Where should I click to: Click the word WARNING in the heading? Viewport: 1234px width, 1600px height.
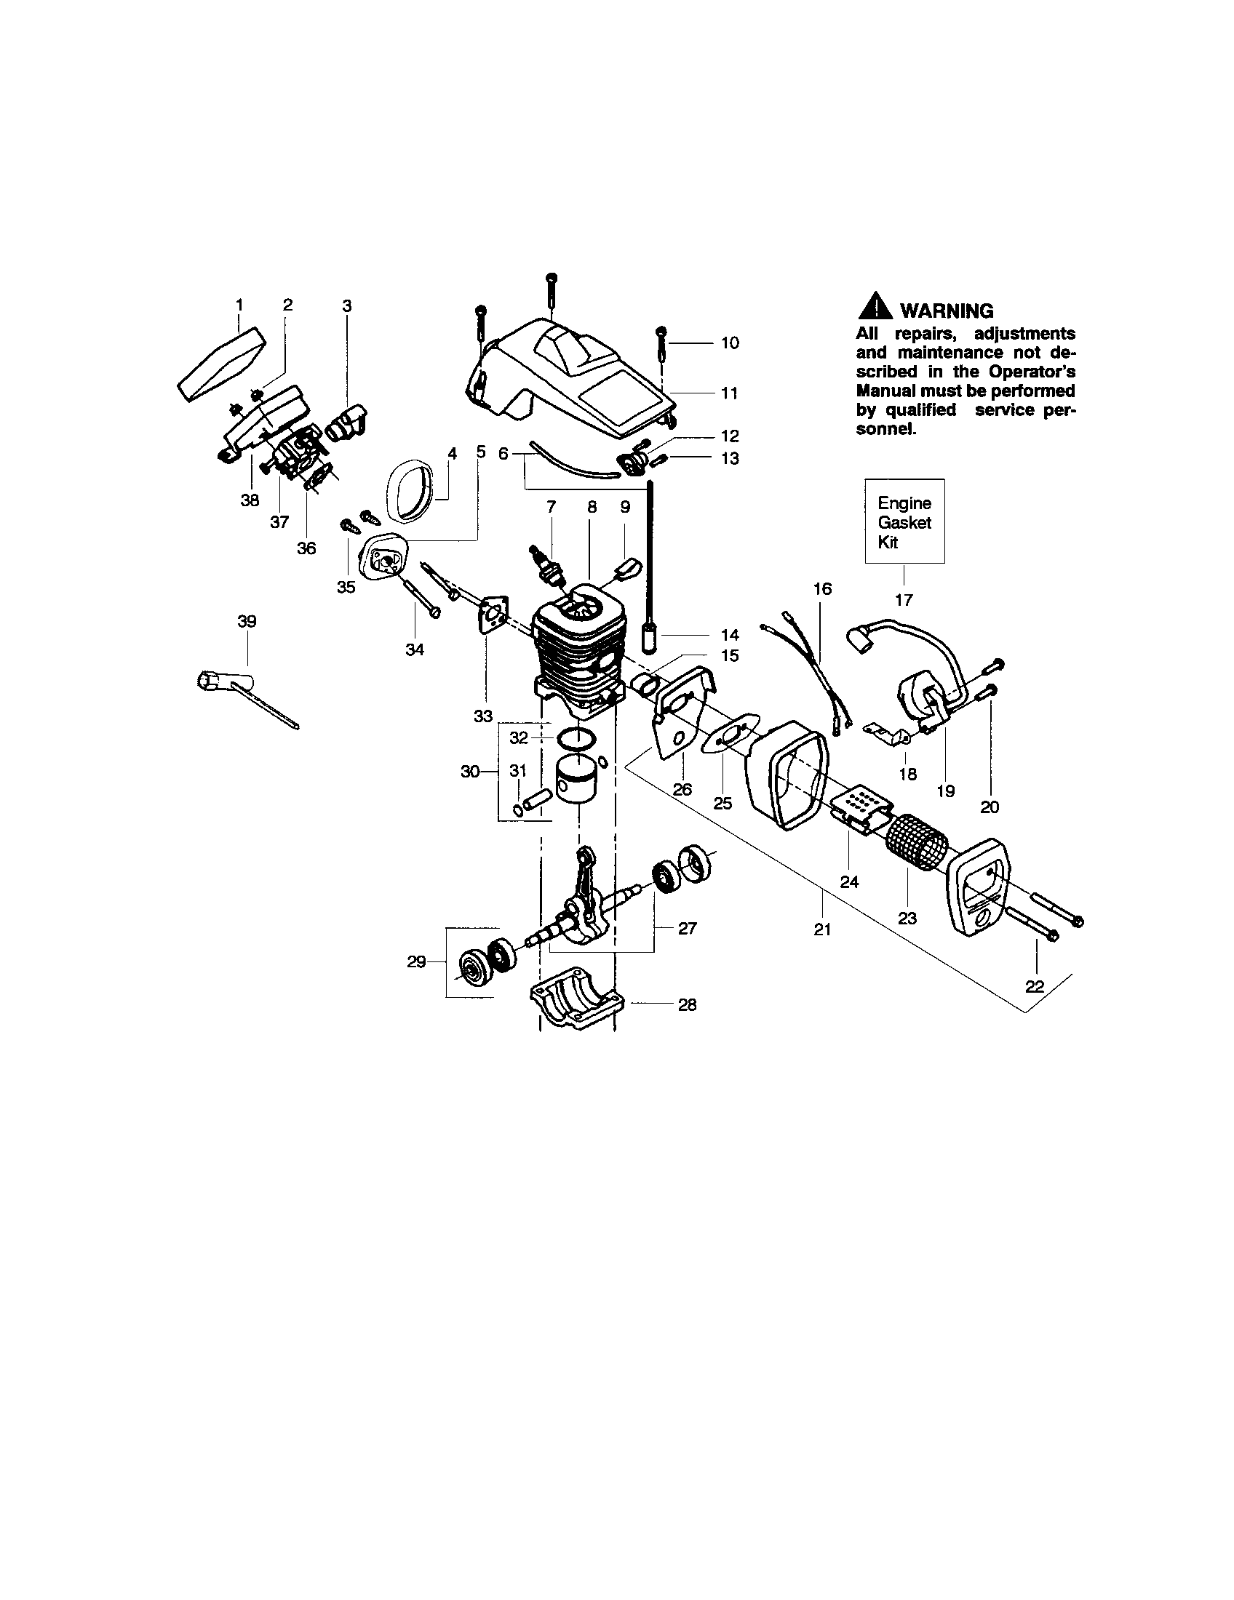[947, 311]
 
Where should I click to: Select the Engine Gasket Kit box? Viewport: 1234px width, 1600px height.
[904, 521]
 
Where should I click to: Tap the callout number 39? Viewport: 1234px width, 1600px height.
[247, 621]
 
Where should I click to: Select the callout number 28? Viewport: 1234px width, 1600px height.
[687, 1004]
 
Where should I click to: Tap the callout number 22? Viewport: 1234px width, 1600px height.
[1034, 986]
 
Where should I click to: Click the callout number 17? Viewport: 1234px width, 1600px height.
[904, 600]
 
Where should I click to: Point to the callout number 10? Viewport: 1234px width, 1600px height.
[730, 343]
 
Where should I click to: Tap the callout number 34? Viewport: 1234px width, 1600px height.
[415, 649]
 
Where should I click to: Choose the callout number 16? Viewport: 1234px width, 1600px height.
[823, 588]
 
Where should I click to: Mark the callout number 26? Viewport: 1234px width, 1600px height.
[682, 790]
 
